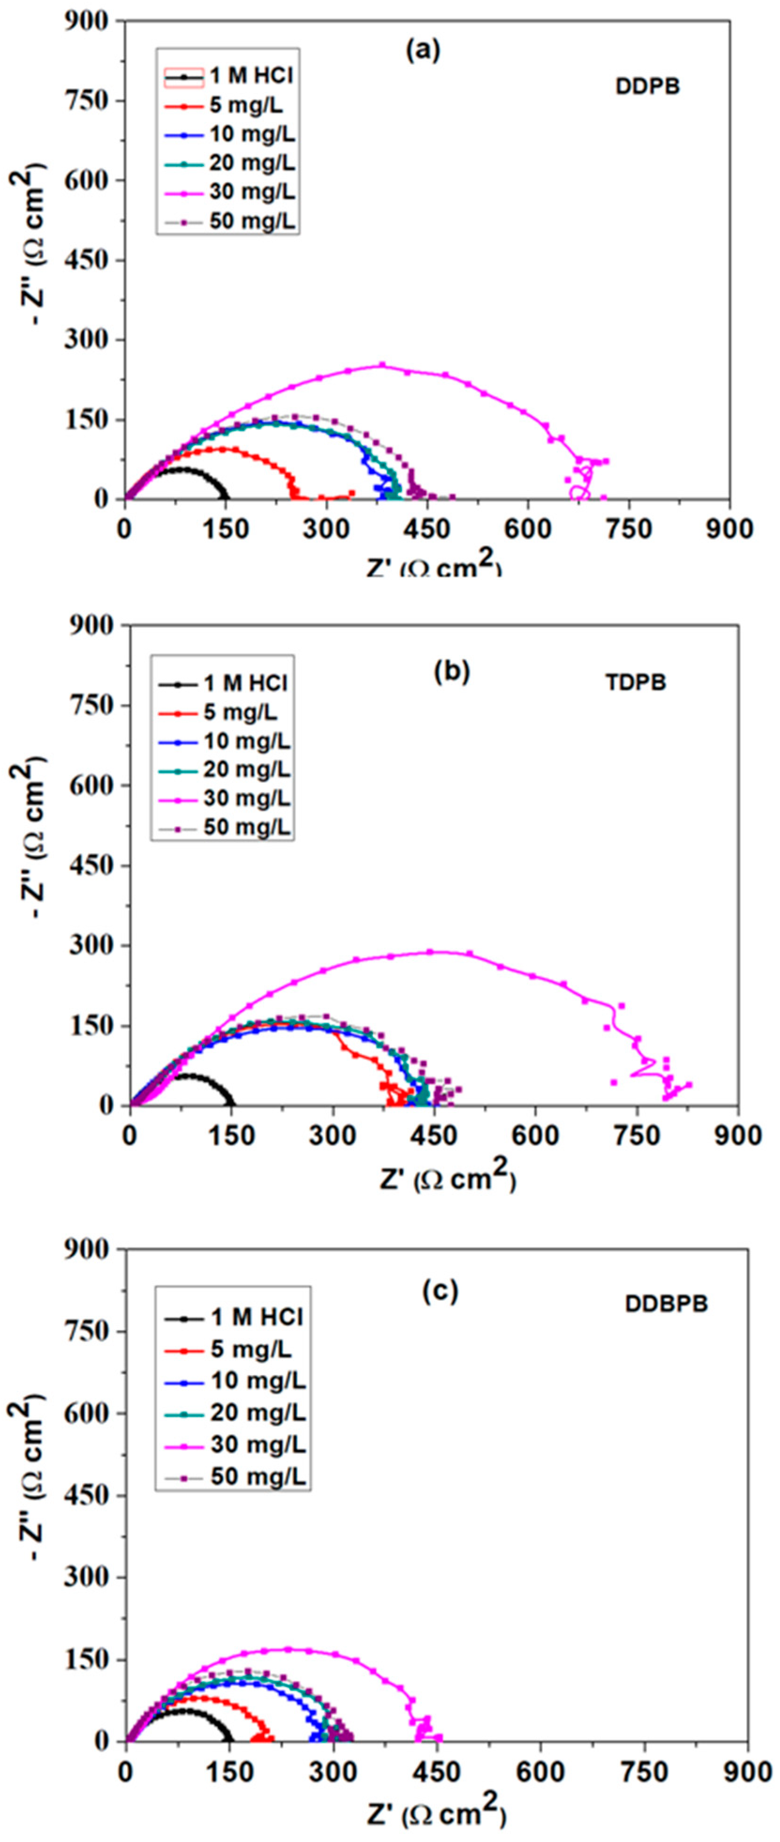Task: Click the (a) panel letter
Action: click(423, 50)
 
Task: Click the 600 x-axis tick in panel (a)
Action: click(528, 529)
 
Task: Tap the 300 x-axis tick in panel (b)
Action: click(332, 1135)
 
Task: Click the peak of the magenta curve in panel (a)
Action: click(382, 365)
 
